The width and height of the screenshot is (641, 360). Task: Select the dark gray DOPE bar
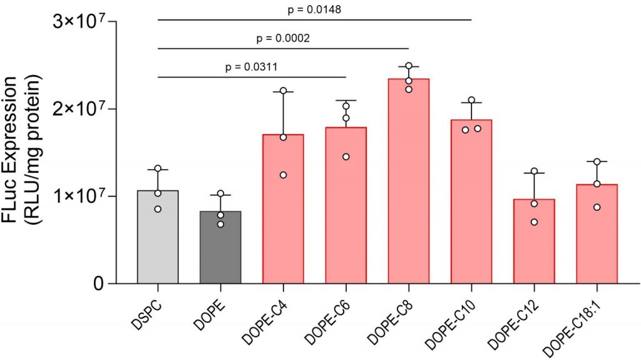pos(220,250)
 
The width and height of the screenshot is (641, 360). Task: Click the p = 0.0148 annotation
pos(314,9)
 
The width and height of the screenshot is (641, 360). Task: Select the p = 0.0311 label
pos(252,66)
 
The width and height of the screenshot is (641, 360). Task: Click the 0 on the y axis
pos(99,284)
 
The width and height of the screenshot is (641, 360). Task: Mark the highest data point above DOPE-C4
pos(283,91)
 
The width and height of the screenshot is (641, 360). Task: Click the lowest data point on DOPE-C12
pos(534,222)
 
